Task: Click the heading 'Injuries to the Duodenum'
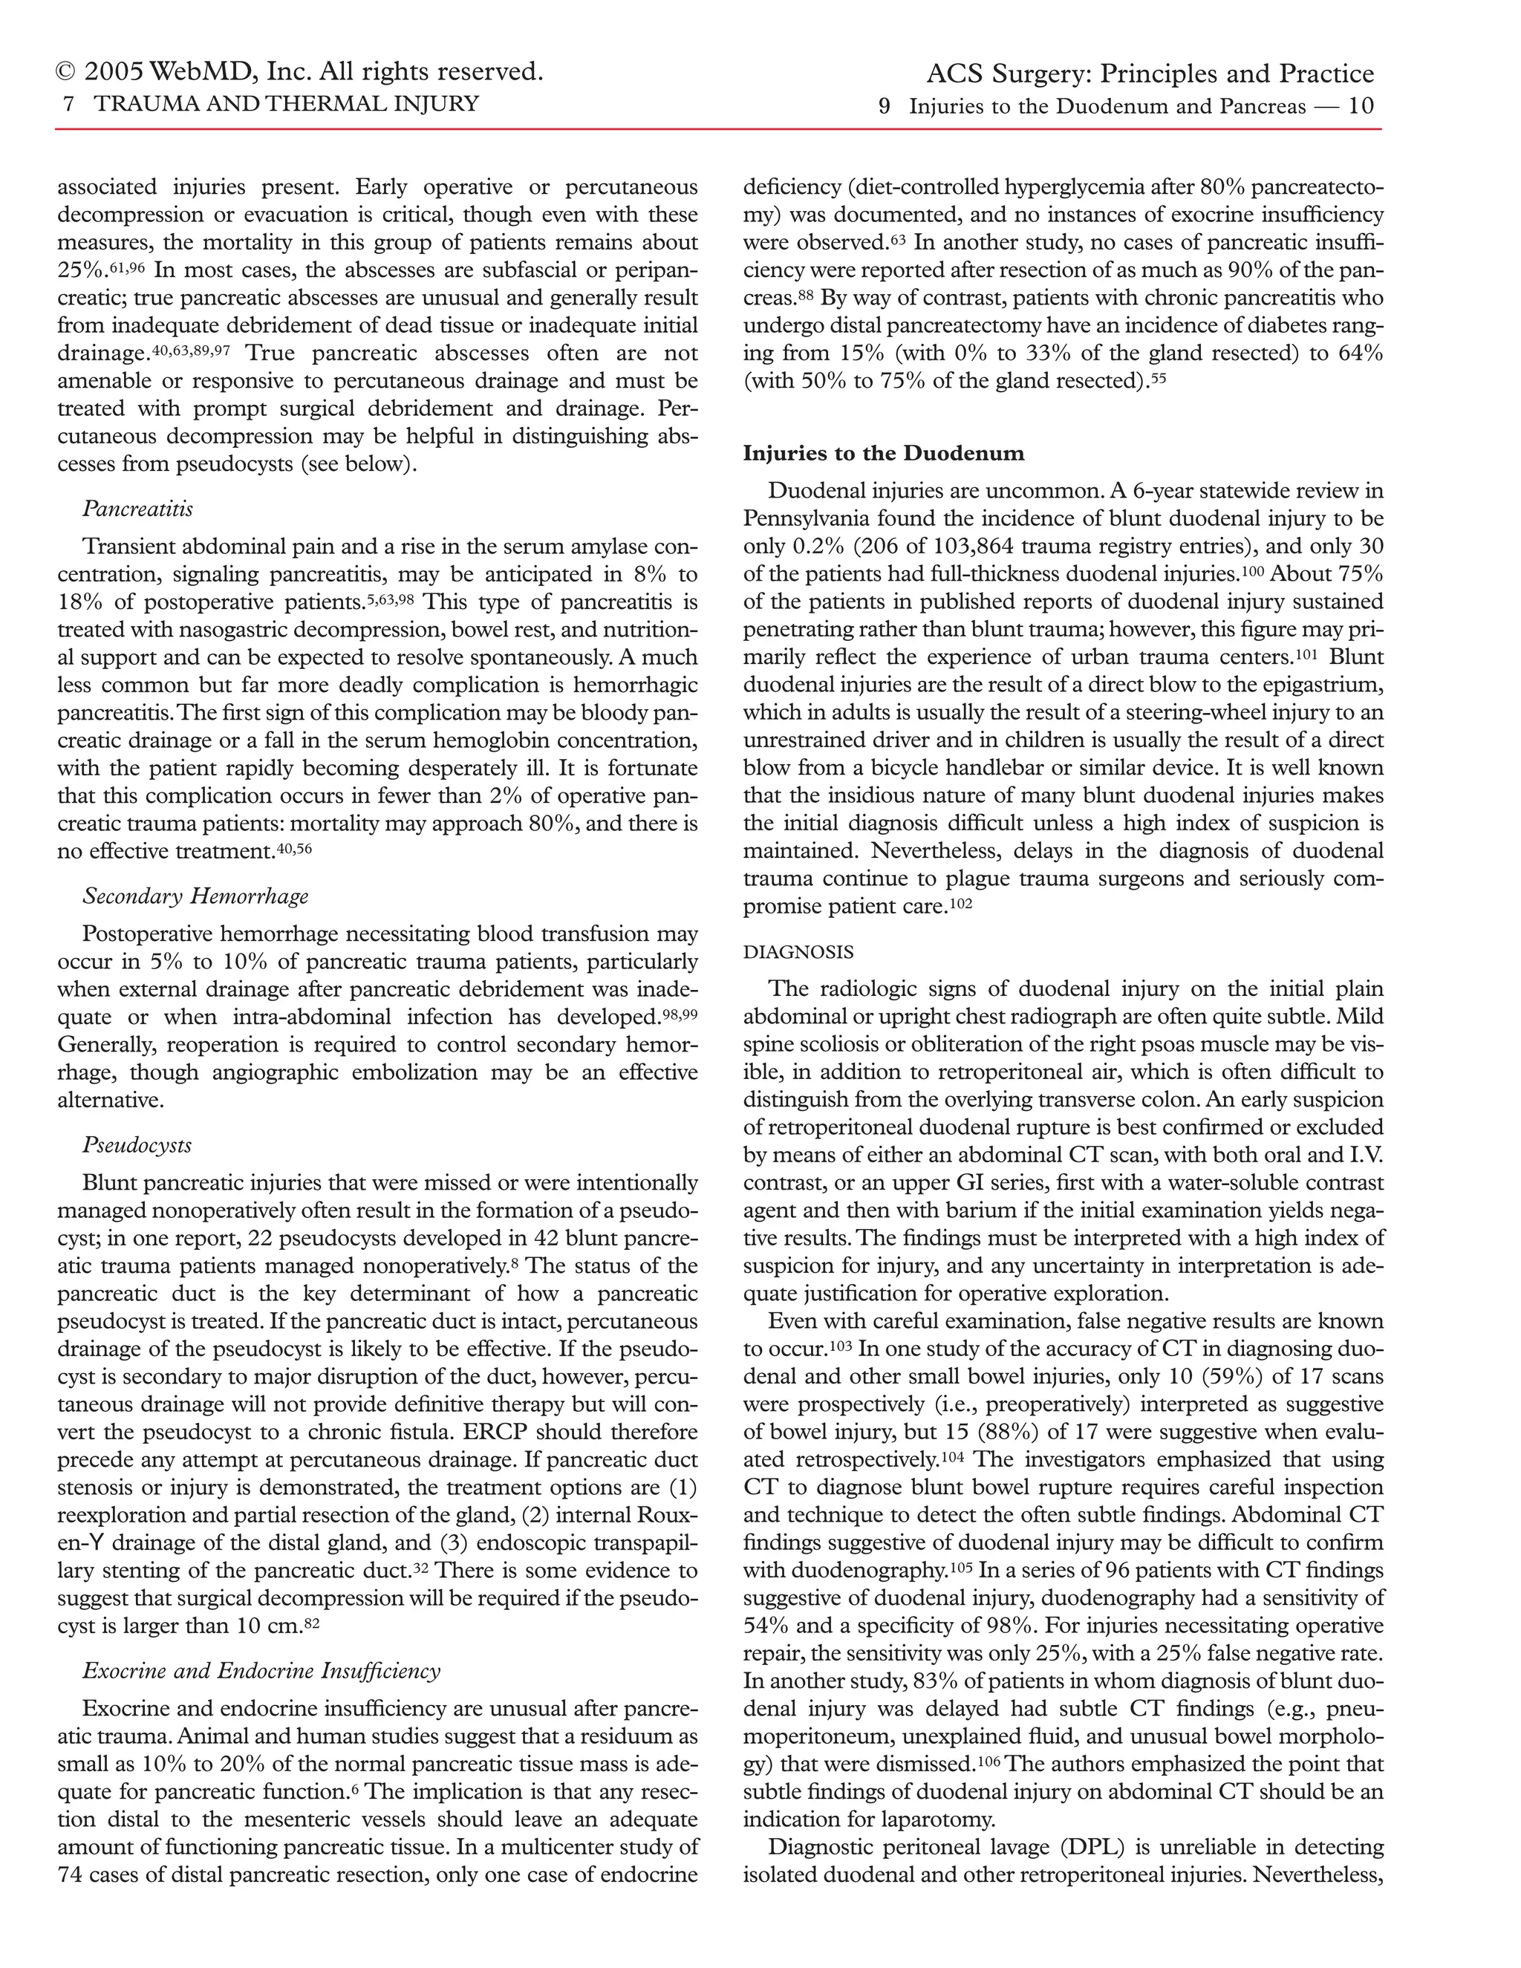coord(883,453)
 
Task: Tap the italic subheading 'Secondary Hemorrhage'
coord(195,896)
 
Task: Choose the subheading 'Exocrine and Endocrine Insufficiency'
coord(261,1671)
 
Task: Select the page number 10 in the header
coord(1361,106)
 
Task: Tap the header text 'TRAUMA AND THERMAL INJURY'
coord(286,105)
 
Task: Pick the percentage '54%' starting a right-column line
coord(766,1626)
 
